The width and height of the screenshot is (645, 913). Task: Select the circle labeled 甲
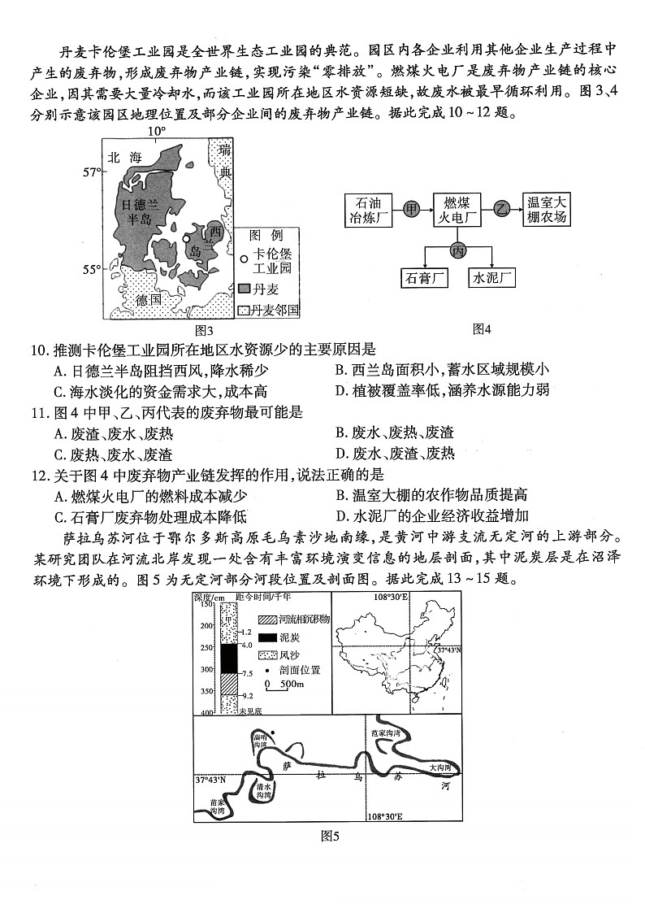pyautogui.click(x=412, y=210)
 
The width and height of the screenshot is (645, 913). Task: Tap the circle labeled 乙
pyautogui.click(x=502, y=210)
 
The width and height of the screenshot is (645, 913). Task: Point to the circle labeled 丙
pyautogui.click(x=458, y=250)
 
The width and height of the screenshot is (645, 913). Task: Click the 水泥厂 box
pyautogui.click(x=493, y=278)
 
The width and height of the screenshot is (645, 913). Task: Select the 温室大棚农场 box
pyautogui.click(x=547, y=210)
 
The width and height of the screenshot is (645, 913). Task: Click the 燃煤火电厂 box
pyautogui.click(x=457, y=210)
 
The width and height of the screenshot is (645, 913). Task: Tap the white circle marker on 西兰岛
pyautogui.click(x=187, y=238)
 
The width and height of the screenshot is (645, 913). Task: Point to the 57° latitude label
pyautogui.click(x=92, y=172)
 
